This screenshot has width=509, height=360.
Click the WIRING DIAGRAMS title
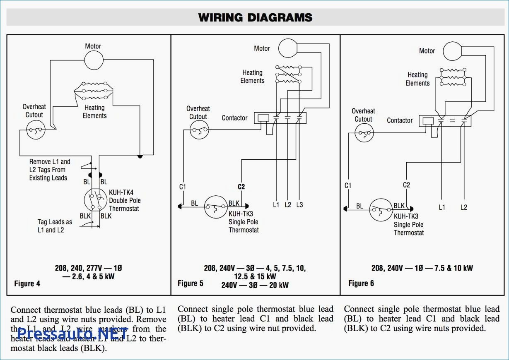pos(255,17)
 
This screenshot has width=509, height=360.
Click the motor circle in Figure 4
pos(94,60)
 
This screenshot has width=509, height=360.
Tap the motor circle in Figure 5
pos(288,48)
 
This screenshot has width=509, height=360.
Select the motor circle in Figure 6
pos(453,51)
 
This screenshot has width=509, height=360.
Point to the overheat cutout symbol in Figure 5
pos(199,131)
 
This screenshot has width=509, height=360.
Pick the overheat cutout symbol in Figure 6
pos(364,133)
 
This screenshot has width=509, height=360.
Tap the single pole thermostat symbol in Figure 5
pos(215,207)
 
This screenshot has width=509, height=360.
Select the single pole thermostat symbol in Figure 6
pos(380,209)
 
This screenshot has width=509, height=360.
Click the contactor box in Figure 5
pos(280,118)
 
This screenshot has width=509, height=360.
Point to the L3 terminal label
pos(299,205)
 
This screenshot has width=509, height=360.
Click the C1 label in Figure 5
pos(183,187)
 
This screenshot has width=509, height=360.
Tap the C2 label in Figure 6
pos(406,185)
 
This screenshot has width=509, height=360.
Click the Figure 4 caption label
pos(27,284)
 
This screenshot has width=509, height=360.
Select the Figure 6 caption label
pos(361,283)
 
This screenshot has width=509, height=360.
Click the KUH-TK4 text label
pos(121,193)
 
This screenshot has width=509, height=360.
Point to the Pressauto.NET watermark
pos(73,332)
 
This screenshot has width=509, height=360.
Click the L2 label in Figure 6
pos(463,207)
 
